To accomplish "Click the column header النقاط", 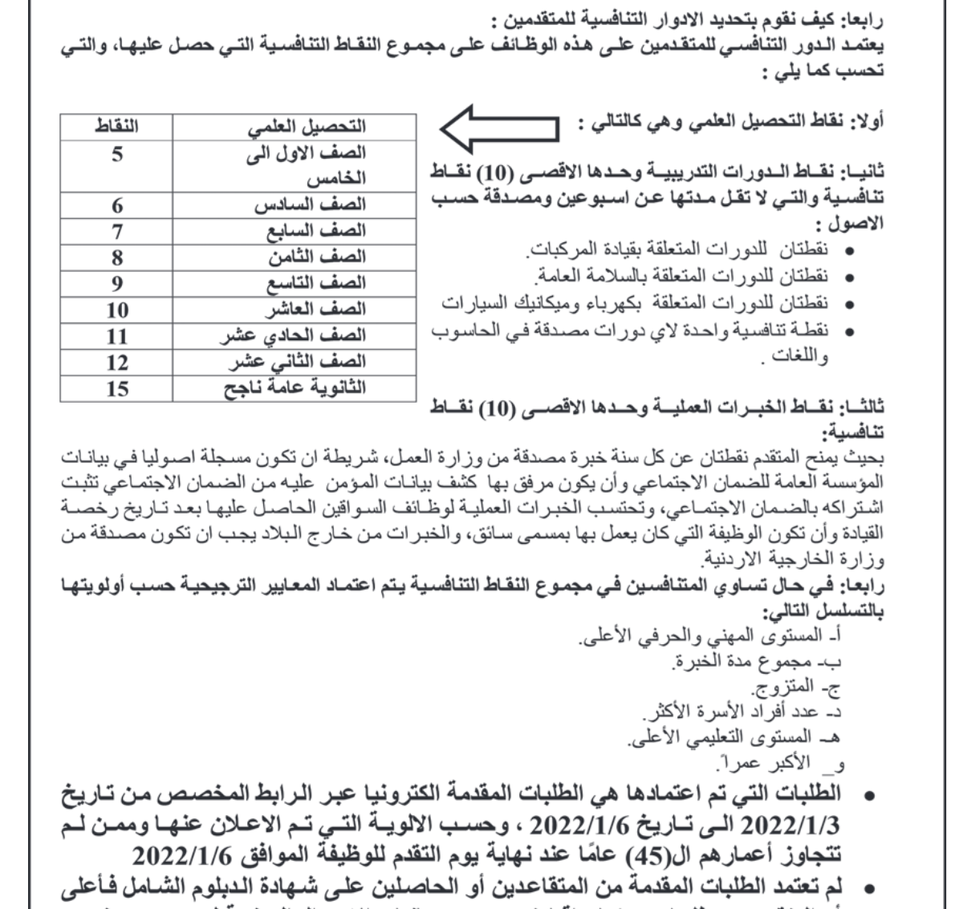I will click(117, 127).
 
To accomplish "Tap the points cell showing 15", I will click(117, 389).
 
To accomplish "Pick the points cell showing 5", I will click(117, 154).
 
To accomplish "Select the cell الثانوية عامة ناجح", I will click(295, 388).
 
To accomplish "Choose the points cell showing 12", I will click(117, 363).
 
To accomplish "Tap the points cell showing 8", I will click(117, 258).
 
